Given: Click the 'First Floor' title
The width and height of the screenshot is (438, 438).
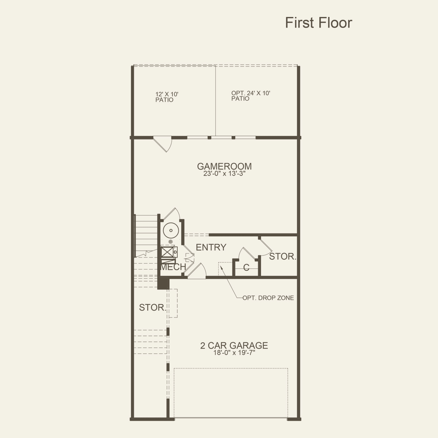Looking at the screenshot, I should pyautogui.click(x=318, y=23).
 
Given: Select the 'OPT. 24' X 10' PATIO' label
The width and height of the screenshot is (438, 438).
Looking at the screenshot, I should pyautogui.click(x=251, y=96).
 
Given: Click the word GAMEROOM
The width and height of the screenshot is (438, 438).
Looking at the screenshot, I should pyautogui.click(x=224, y=166).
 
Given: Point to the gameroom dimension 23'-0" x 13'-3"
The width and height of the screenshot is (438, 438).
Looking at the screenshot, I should pyautogui.click(x=224, y=174).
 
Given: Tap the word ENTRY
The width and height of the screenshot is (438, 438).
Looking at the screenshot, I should pyautogui.click(x=211, y=247).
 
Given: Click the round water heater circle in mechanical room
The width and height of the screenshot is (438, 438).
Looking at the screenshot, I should pyautogui.click(x=171, y=230).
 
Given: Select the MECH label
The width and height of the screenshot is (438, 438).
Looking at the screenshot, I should pyautogui.click(x=173, y=267).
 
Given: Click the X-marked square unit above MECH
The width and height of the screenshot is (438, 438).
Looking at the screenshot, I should pyautogui.click(x=167, y=253).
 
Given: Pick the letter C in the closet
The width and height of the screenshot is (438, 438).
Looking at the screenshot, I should pyautogui.click(x=246, y=268).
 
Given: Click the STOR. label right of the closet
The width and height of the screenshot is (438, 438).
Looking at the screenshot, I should pyautogui.click(x=283, y=256).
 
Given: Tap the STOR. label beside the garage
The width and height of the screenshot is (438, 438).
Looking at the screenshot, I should pyautogui.click(x=152, y=308).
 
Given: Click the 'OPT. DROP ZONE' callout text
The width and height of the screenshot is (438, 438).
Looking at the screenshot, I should pyautogui.click(x=268, y=298).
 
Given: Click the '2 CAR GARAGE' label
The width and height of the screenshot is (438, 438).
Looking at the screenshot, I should pyautogui.click(x=234, y=345).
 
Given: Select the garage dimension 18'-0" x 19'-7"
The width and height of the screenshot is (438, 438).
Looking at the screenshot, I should pyautogui.click(x=234, y=353).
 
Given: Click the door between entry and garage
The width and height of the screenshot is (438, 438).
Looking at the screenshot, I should pyautogui.click(x=196, y=272).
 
